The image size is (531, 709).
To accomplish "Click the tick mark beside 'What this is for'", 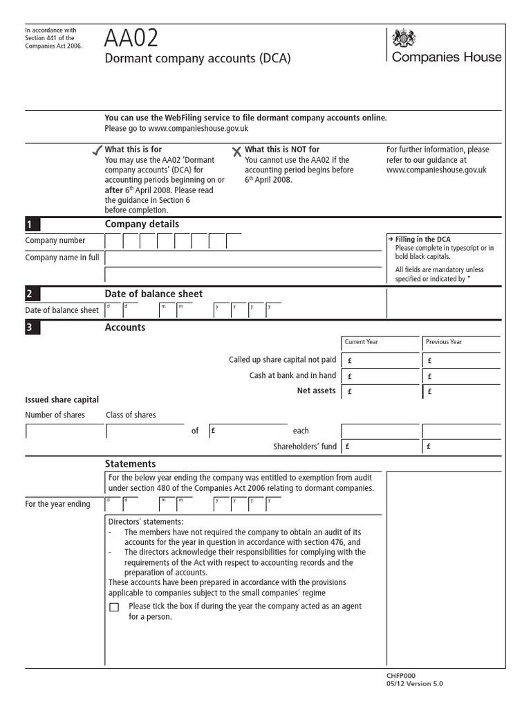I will tap(97, 151).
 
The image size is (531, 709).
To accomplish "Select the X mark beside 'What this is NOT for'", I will tap(236, 151).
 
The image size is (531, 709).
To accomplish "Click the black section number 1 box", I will tap(32, 224).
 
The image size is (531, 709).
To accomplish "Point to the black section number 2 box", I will tap(32, 294).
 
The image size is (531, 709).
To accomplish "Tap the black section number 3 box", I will tap(32, 328).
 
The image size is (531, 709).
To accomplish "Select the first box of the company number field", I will tap(113, 241).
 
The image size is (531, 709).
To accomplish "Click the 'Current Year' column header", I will tap(380, 342).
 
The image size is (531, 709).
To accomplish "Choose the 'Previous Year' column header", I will tap(461, 342).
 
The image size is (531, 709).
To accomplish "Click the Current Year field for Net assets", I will tap(380, 392).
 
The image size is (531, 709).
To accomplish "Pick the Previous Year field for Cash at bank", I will tap(461, 376).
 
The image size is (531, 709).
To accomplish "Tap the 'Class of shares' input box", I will tap(145, 431).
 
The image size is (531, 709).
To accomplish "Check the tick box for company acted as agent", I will tap(114, 608).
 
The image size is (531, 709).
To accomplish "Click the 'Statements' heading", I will tap(130, 464).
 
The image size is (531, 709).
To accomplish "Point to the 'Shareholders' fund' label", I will tap(305, 447).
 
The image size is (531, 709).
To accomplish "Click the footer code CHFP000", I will tap(401, 675).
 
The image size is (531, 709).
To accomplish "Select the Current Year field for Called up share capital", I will tap(380, 360).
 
